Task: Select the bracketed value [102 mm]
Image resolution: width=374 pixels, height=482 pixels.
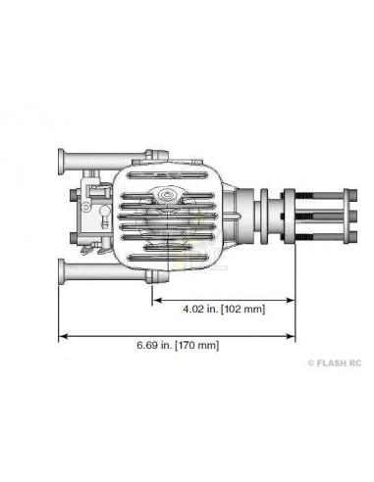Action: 242,308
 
